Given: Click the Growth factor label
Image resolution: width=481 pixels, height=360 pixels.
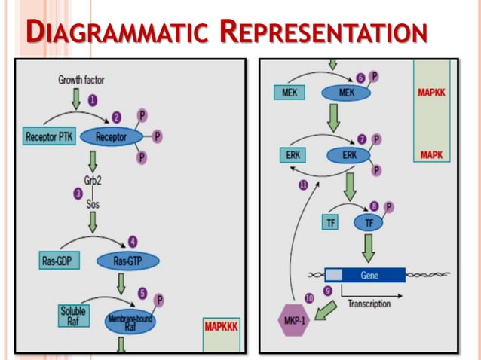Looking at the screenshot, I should pyautogui.click(x=81, y=80).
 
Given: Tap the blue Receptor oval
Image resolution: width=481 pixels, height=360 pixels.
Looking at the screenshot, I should pyautogui.click(x=110, y=137).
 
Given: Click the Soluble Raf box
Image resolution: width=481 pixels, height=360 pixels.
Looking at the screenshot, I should pyautogui.click(x=74, y=314).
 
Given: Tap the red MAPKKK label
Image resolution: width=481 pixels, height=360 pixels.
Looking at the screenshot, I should pyautogui.click(x=221, y=327).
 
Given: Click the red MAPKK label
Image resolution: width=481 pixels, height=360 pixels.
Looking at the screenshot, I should pyautogui.click(x=431, y=94).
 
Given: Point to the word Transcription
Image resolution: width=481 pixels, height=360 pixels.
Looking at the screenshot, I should pyautogui.click(x=369, y=304).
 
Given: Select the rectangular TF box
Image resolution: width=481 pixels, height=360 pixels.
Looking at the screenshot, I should pyautogui.click(x=329, y=222).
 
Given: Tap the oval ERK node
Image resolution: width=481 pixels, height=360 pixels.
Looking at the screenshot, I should pyautogui.click(x=349, y=156).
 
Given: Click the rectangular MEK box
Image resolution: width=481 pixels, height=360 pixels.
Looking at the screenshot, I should pyautogui.click(x=287, y=93).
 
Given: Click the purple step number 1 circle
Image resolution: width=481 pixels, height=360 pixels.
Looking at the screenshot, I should pyautogui.click(x=93, y=99).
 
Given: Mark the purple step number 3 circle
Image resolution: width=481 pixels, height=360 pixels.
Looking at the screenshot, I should pyautogui.click(x=78, y=194).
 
